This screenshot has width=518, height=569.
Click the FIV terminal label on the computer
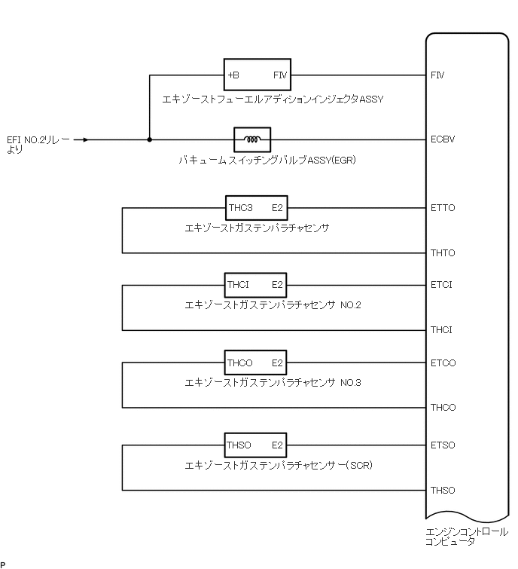coord(437,75)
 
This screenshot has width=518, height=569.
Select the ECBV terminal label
coord(442,139)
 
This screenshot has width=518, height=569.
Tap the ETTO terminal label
coord(442,207)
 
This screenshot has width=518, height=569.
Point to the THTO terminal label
coord(442,252)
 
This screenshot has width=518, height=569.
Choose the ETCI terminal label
coord(441,285)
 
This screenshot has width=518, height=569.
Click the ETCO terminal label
coord(443,363)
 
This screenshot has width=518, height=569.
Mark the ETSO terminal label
coord(443,445)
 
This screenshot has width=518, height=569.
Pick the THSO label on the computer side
coord(443,491)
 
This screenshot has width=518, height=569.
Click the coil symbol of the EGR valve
coord(252,139)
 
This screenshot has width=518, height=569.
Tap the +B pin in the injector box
coord(233,75)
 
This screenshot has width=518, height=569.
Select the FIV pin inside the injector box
coord(279,75)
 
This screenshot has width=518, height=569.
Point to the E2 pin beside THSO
coord(277,445)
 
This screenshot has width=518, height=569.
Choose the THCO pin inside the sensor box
coord(240,363)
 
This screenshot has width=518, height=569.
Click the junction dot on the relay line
coord(149,139)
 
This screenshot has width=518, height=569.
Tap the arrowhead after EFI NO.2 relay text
coord(87,139)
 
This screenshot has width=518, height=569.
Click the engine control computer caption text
coord(465,536)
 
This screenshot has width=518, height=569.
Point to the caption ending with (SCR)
coord(279,466)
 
